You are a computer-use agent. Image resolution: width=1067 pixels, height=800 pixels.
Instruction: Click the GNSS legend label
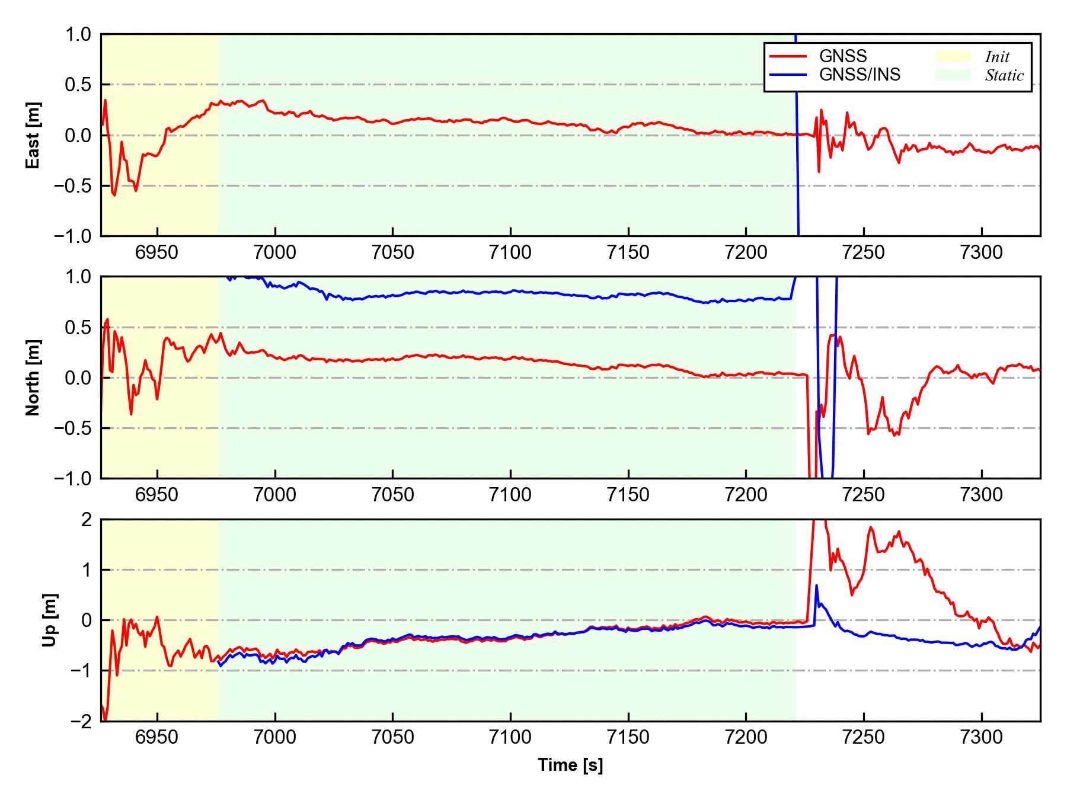click(842, 56)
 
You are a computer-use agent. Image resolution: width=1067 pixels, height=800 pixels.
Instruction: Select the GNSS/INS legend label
click(860, 75)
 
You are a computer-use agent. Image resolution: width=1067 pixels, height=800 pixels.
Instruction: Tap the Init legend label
click(997, 57)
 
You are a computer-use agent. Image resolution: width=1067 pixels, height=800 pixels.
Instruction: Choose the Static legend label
click(1004, 75)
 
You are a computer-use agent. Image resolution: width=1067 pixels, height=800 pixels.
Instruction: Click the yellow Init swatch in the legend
click(953, 56)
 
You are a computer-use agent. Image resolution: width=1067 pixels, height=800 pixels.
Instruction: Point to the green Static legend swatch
click(953, 75)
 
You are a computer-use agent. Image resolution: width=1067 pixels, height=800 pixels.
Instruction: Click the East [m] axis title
click(33, 135)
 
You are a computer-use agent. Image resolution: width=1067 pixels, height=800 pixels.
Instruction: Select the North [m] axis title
click(33, 377)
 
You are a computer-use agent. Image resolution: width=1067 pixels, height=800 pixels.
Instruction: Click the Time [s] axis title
click(570, 766)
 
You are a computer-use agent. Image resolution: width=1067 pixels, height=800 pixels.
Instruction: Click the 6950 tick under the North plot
click(157, 495)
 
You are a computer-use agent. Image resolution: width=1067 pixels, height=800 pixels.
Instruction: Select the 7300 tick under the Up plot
click(982, 738)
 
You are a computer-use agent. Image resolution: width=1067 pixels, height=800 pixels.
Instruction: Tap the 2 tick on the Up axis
click(87, 520)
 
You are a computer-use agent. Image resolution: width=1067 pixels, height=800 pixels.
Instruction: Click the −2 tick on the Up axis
click(81, 721)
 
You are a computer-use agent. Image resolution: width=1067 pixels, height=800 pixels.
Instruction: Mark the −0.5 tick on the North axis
click(74, 428)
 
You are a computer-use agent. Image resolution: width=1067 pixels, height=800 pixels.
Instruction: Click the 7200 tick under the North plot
click(746, 495)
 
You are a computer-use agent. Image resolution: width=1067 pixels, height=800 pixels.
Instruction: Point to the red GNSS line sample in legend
click(788, 56)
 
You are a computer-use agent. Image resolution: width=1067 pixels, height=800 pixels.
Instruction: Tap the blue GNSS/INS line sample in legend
click(788, 75)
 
